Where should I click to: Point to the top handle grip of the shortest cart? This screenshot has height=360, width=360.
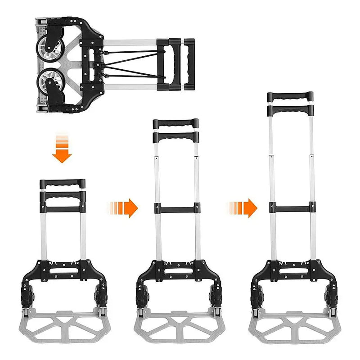[x=62, y=184]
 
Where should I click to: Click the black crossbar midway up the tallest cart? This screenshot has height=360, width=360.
[x=290, y=208]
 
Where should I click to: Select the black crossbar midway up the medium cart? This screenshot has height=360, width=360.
[x=175, y=209]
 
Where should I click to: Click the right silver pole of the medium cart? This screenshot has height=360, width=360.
[x=197, y=180]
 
